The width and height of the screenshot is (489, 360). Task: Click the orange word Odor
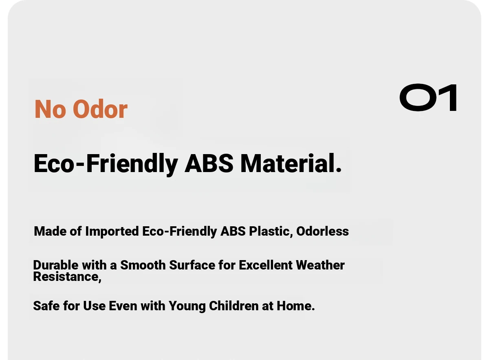[x=100, y=109]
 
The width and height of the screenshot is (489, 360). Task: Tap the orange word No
[x=50, y=109]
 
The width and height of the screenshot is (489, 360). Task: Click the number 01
[x=428, y=97]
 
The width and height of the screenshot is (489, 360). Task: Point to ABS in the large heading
[x=209, y=163]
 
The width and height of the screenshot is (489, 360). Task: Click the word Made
[x=50, y=231]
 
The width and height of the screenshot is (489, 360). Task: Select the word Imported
[x=112, y=232]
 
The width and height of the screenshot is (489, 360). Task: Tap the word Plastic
[x=271, y=231]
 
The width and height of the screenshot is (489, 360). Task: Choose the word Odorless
[x=322, y=231]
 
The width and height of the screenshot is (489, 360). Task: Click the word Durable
[x=56, y=265]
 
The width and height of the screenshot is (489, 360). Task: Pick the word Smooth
[x=143, y=265]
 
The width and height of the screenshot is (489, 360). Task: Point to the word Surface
[x=192, y=265]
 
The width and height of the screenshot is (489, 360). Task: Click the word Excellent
[x=265, y=265]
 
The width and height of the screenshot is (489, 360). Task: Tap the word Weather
[x=320, y=265]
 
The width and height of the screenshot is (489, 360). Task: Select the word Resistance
[x=67, y=277]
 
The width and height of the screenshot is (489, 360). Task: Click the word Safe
[x=46, y=306]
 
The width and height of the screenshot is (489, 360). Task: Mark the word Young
[x=187, y=307]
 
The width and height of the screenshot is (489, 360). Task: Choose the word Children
[x=234, y=306]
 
